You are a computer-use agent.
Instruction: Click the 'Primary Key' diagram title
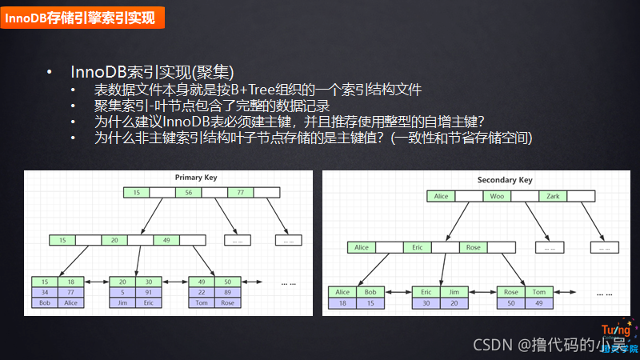tap(195, 177)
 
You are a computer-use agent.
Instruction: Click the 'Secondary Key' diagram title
tap(504, 180)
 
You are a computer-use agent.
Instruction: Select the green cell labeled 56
tap(188, 193)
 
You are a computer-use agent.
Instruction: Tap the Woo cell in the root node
tap(497, 196)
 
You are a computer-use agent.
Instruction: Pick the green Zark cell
tap(553, 196)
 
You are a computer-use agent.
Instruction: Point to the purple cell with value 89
tap(228, 292)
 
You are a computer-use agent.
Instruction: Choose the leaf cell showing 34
tap(46, 292)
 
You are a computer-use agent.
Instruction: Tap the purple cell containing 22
tap(202, 292)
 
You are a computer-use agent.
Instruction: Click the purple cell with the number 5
tap(122, 292)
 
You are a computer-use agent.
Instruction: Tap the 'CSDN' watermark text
tap(491, 345)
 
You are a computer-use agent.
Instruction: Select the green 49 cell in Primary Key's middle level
tap(166, 240)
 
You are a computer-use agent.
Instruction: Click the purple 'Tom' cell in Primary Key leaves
tap(202, 302)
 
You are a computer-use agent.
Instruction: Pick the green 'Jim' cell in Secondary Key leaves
tap(453, 292)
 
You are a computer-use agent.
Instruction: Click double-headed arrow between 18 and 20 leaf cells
tap(97, 282)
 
